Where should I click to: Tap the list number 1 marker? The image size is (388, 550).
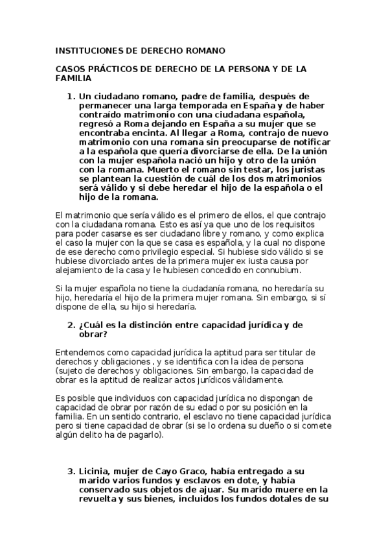click(71, 97)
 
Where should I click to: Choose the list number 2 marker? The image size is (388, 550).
click(71, 325)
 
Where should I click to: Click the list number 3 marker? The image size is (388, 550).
click(71, 472)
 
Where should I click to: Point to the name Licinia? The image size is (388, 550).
click(96, 472)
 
